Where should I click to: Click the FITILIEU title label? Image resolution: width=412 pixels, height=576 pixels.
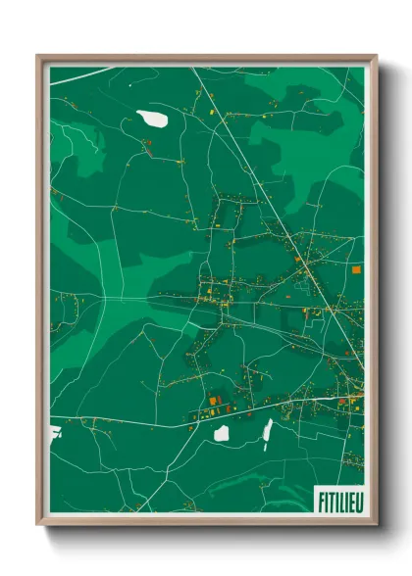coord(338,501)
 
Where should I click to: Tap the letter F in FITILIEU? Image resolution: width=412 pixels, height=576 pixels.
coord(321,501)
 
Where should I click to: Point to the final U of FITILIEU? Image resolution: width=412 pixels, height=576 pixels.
coord(357,501)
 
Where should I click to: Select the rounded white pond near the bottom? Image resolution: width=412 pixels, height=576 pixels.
coord(222,432)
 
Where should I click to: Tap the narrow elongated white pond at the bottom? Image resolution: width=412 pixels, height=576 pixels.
coord(266,429)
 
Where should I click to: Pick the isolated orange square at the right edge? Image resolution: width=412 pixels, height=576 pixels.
coord(356,267)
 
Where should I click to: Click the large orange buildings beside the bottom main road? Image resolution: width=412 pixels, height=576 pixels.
coord(213,401)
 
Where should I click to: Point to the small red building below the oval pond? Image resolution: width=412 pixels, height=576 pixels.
coord(146,147)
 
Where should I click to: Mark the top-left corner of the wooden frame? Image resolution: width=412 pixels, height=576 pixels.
coord(39,57)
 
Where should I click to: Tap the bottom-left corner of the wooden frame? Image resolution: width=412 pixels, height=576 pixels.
coord(39,523)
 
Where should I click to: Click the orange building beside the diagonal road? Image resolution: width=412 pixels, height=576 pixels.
coord(300,260)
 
